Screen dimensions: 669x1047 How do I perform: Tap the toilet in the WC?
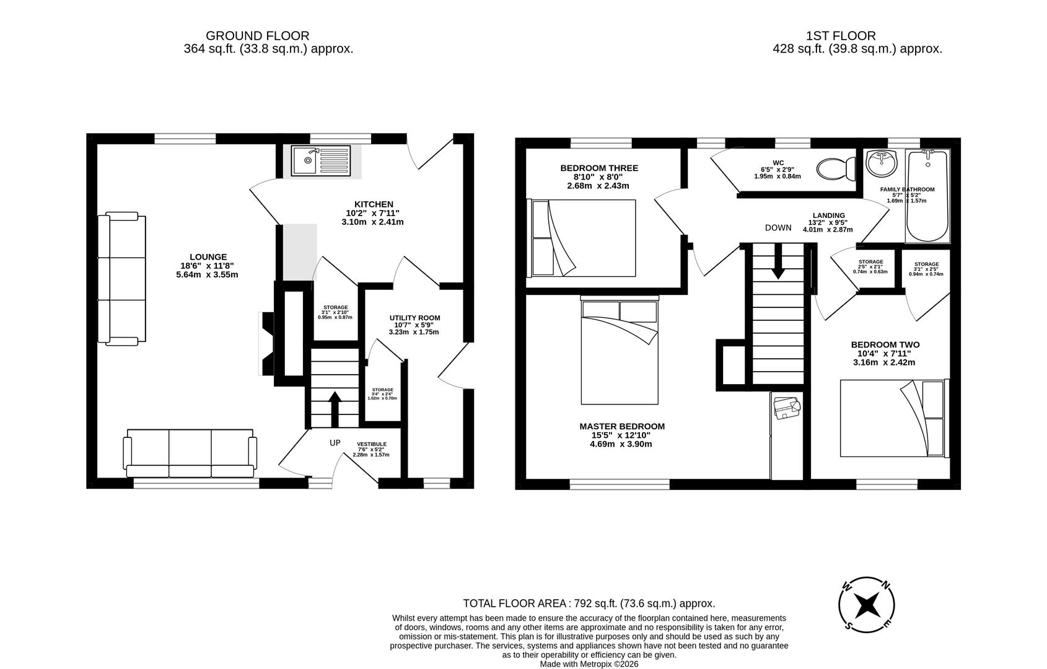[x=834, y=168]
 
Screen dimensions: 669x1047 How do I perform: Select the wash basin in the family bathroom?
[x=881, y=164]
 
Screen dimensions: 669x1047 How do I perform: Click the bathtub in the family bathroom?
[x=927, y=195]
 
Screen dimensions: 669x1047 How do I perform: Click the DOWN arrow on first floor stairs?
[x=778, y=263]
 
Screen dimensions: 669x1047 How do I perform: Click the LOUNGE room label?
[x=208, y=257]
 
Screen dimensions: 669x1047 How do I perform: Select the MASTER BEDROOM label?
[x=622, y=426]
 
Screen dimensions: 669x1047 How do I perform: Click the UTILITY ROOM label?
[x=414, y=318]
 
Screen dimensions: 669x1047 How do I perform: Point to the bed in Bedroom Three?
[x=582, y=238]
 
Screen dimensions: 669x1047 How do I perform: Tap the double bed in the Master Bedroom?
[x=620, y=352]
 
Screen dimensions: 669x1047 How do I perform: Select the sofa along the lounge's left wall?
[x=122, y=278]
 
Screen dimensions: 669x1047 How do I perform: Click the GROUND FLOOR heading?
[x=257, y=36]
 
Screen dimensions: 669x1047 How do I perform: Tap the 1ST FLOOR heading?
[x=840, y=36]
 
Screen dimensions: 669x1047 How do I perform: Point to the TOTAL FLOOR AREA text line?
[x=589, y=603]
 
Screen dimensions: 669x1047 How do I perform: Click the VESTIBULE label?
[x=372, y=444]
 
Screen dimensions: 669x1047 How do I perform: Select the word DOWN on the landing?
[x=778, y=228]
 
